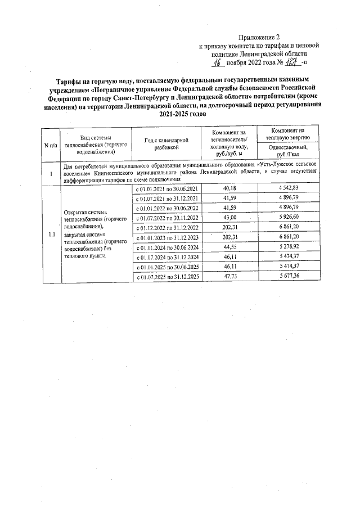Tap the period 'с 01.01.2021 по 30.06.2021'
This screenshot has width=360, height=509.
click(167, 188)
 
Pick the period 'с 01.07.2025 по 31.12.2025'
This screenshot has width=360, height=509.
click(167, 277)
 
